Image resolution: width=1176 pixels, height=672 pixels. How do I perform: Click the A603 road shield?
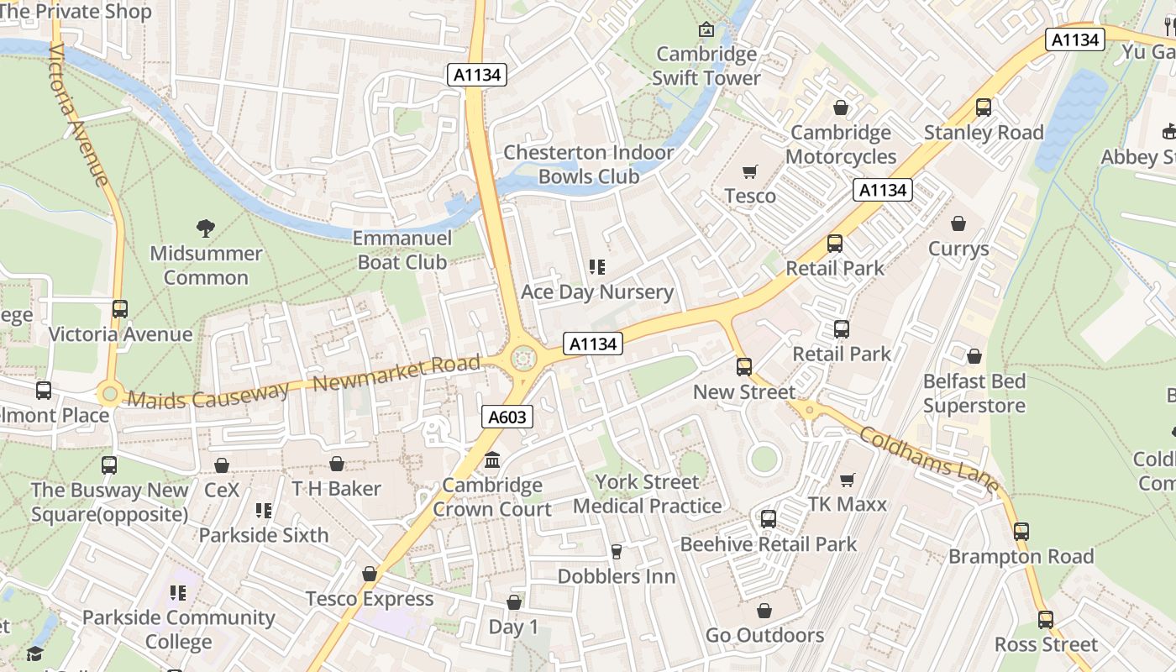point(508,417)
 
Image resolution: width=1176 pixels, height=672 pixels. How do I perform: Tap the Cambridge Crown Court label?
point(492,497)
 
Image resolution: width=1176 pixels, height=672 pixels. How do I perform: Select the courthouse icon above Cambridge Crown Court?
point(492,460)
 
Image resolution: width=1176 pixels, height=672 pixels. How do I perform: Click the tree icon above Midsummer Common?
point(206,228)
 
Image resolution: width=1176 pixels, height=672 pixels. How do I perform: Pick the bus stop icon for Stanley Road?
point(984,108)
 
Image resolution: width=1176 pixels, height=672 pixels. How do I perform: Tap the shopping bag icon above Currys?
point(958,223)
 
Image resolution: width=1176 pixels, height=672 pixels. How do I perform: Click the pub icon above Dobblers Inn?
point(617,551)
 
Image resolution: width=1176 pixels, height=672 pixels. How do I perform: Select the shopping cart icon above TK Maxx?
point(848,480)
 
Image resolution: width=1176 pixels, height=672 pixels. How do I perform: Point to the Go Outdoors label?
point(764,635)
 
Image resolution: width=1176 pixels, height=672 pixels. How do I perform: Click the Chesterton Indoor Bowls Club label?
point(588,165)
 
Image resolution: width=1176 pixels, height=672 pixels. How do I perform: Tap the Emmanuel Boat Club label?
point(402,250)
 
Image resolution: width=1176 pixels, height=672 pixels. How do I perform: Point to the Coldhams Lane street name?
point(930,461)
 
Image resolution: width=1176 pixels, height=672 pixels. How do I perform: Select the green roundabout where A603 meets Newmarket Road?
point(523,360)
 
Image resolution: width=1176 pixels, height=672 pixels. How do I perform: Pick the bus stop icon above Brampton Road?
point(1021,532)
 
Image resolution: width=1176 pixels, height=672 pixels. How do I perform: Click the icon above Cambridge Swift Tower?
point(706,30)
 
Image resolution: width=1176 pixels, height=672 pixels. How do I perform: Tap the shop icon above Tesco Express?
point(370,575)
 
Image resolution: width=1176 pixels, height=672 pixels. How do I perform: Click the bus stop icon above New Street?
point(744,367)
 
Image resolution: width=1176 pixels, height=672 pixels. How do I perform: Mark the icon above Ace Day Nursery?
point(597,268)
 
